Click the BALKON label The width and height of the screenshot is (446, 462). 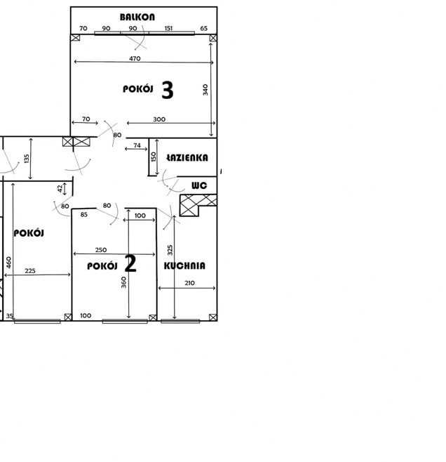(x=137, y=17)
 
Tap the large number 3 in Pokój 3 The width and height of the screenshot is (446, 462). (x=168, y=90)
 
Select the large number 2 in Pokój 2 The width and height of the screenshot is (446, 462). (x=130, y=263)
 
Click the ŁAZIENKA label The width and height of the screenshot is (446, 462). (x=187, y=158)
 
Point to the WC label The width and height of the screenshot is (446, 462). (x=199, y=185)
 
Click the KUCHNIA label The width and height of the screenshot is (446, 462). (x=184, y=265)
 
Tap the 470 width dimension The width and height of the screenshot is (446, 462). (x=135, y=59)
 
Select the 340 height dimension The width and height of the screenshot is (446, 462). (x=205, y=90)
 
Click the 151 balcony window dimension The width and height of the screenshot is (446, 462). (x=168, y=28)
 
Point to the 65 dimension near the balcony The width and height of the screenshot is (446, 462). (x=203, y=28)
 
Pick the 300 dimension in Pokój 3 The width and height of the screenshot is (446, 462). (x=159, y=119)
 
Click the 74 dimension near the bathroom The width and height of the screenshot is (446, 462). (x=137, y=145)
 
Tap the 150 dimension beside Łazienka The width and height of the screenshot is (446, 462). (x=154, y=157)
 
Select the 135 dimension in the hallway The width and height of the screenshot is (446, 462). (x=27, y=159)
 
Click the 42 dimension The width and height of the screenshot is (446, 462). (x=60, y=189)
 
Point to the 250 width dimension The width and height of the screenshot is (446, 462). (x=101, y=250)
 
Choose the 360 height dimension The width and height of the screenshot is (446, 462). (x=123, y=282)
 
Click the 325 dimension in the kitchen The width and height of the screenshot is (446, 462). (x=170, y=250)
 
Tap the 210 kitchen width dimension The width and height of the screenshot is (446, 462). (x=189, y=283)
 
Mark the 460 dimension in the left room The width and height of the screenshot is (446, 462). (x=9, y=263)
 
